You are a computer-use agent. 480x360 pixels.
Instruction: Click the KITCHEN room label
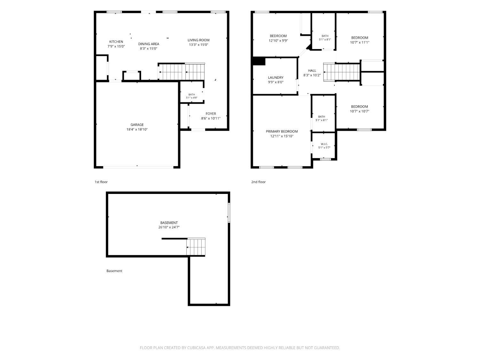pyautogui.click(x=116, y=42)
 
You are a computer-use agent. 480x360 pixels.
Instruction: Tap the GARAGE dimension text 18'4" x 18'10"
pyautogui.click(x=137, y=129)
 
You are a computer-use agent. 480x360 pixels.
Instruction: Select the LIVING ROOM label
pyautogui.click(x=198, y=40)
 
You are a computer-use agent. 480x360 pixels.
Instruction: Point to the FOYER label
pyautogui.click(x=211, y=114)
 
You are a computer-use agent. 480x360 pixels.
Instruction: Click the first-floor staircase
pyautogui.click(x=181, y=72)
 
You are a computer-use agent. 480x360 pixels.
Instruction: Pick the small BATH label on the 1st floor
pyautogui.click(x=192, y=94)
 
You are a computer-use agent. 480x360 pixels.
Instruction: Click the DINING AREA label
pyautogui.click(x=149, y=44)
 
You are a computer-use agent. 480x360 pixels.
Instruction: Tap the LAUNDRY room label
pyautogui.click(x=276, y=77)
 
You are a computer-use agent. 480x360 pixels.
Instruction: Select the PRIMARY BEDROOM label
pyautogui.click(x=282, y=132)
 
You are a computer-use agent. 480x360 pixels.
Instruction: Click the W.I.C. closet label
pyautogui.click(x=324, y=144)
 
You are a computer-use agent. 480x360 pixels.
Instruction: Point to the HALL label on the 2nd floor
pyautogui.click(x=312, y=71)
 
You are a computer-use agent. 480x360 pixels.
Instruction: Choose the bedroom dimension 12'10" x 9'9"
pyautogui.click(x=278, y=41)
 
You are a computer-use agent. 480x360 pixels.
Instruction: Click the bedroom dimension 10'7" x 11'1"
pyautogui.click(x=360, y=43)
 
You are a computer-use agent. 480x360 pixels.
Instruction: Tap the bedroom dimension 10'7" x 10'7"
pyautogui.click(x=359, y=111)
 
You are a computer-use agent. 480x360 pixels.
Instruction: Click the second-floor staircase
pyautogui.click(x=342, y=72)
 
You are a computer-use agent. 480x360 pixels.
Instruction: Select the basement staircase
pyautogui.click(x=196, y=247)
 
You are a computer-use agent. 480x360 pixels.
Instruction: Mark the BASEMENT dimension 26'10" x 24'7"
pyautogui.click(x=169, y=227)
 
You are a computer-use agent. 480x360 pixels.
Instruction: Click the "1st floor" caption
pyautogui.click(x=101, y=182)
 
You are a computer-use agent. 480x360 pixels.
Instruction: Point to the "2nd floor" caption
pyautogui.click(x=259, y=182)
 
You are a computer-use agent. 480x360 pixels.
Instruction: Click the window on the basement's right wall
pyautogui.click(x=229, y=213)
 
